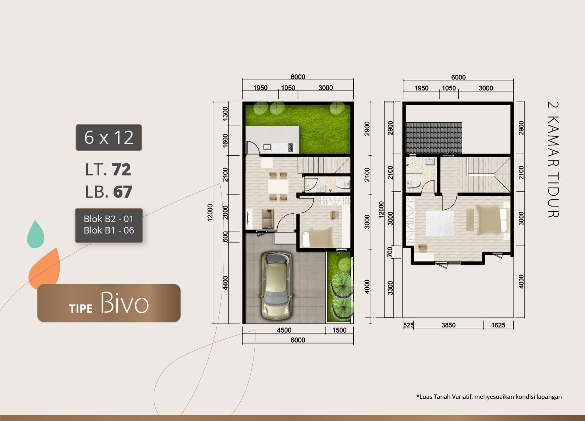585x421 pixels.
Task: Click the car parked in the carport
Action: tap(277, 285)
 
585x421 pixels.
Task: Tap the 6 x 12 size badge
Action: tap(109, 138)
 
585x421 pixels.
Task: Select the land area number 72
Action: tap(121, 170)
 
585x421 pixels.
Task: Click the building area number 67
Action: tap(123, 192)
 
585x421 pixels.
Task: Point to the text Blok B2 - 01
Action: tap(108, 219)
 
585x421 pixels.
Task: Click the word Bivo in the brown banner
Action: tap(124, 303)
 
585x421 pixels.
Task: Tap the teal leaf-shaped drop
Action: tap(35, 234)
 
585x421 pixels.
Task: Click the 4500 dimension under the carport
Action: tap(284, 330)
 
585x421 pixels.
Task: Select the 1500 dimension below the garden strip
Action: tap(339, 330)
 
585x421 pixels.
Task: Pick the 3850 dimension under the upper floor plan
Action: tap(448, 325)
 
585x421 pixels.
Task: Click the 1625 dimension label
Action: tap(498, 325)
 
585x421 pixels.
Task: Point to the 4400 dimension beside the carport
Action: tap(225, 283)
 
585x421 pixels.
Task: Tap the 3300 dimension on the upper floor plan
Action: tap(390, 288)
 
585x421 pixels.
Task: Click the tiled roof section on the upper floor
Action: tap(434, 138)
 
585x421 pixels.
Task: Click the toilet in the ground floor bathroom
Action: tap(343, 184)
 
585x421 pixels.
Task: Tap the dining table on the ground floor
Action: tap(278, 186)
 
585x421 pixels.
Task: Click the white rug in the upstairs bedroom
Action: tap(440, 223)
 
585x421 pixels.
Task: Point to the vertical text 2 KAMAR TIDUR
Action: tap(553, 160)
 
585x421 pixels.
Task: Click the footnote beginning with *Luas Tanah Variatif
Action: tap(489, 397)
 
